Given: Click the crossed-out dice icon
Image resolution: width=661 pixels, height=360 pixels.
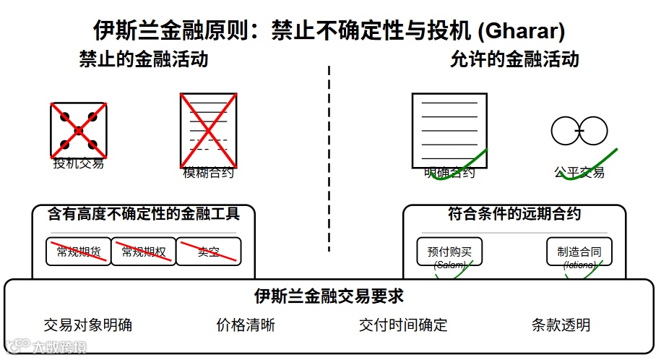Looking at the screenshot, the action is pyautogui.click(x=79, y=130).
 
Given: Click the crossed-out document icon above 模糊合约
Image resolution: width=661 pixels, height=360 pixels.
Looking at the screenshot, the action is pyautogui.click(x=208, y=129).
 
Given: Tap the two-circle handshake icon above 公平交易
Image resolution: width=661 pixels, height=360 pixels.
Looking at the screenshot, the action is pyautogui.click(x=578, y=130).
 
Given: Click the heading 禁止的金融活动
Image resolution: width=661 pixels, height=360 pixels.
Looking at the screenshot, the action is pyautogui.click(x=144, y=59).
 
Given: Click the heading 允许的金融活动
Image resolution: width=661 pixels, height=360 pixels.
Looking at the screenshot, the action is pyautogui.click(x=514, y=59).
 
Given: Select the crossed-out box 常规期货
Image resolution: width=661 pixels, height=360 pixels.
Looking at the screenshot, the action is pyautogui.click(x=78, y=252).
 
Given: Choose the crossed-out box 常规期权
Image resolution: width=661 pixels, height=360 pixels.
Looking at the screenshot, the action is pyautogui.click(x=143, y=252).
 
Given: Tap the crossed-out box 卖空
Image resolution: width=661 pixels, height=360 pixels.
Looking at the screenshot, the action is pyautogui.click(x=208, y=252).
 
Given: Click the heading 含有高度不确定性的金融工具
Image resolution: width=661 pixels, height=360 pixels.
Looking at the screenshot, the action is pyautogui.click(x=143, y=214).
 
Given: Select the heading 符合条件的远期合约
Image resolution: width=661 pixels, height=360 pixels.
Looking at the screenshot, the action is pyautogui.click(x=514, y=214).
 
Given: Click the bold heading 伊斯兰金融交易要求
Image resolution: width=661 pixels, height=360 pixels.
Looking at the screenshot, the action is pyautogui.click(x=329, y=296).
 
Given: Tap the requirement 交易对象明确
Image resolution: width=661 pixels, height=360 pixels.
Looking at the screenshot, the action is pyautogui.click(x=88, y=325).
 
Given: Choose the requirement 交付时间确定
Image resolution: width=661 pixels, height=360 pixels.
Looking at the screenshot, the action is pyautogui.click(x=403, y=325).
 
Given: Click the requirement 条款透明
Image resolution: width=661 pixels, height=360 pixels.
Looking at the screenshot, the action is pyautogui.click(x=561, y=325).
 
